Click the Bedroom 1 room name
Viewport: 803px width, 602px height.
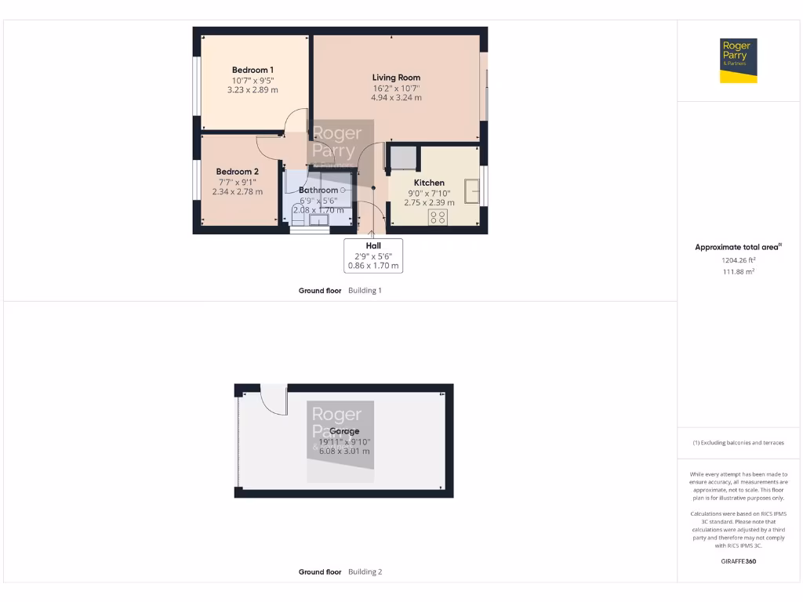[253, 70]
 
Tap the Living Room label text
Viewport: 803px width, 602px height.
[396, 78]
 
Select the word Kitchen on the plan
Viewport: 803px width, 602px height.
[429, 183]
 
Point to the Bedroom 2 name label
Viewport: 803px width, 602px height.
[237, 172]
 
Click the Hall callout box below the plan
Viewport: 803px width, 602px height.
[373, 256]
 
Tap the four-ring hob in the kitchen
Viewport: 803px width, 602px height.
[437, 217]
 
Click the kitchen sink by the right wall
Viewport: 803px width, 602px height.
[472, 190]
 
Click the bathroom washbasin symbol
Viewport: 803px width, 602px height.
[319, 220]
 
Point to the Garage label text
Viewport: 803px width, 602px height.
[344, 431]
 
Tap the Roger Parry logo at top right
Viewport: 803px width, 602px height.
[739, 60]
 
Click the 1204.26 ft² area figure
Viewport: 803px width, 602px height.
[739, 259]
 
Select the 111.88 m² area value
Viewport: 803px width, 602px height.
[739, 272]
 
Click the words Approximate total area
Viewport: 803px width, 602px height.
[737, 247]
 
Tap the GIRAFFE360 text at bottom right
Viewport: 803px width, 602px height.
[739, 561]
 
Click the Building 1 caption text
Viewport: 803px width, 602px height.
[365, 291]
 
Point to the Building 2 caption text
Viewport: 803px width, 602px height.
[365, 572]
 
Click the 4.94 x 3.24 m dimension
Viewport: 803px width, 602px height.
[396, 98]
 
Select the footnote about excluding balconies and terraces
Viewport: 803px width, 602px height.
[739, 443]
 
